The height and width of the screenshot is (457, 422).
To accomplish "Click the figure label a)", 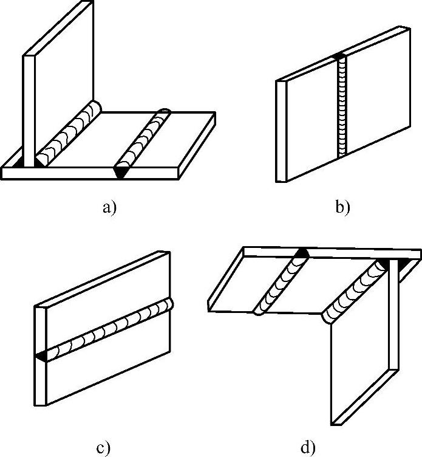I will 109,207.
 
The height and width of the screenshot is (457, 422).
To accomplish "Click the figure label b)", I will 342,207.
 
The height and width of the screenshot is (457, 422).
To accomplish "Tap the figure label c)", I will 103,448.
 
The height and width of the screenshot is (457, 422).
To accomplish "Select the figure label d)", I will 308,448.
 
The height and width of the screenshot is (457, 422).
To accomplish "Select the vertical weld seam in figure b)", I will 341,109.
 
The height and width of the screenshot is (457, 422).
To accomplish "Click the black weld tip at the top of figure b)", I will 341,57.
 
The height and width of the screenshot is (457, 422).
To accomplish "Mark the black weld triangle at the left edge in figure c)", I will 42,356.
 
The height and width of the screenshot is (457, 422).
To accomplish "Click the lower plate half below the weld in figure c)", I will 103,377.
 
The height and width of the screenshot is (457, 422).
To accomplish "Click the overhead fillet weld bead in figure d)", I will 355,292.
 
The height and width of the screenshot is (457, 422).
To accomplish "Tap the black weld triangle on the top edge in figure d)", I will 303,253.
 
